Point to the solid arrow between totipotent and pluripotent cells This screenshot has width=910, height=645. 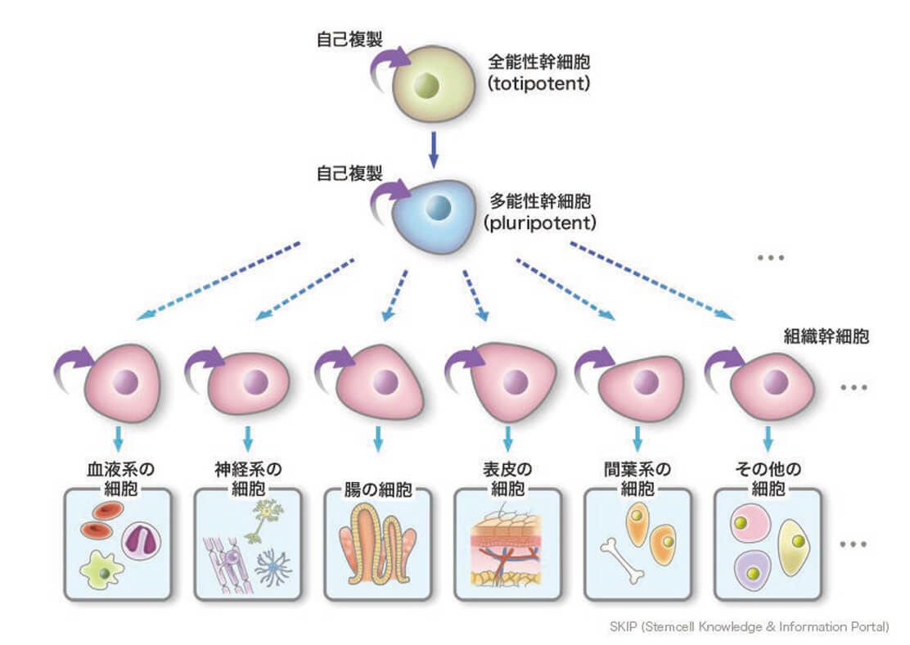434,150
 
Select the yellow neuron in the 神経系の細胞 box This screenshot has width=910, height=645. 264,516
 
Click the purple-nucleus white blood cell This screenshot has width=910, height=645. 143,541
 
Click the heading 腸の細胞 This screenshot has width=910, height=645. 377,491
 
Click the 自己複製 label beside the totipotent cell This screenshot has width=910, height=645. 348,38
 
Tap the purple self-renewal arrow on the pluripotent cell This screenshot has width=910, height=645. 387,194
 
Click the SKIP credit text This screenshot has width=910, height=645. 749,627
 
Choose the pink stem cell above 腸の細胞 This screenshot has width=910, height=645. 381,382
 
